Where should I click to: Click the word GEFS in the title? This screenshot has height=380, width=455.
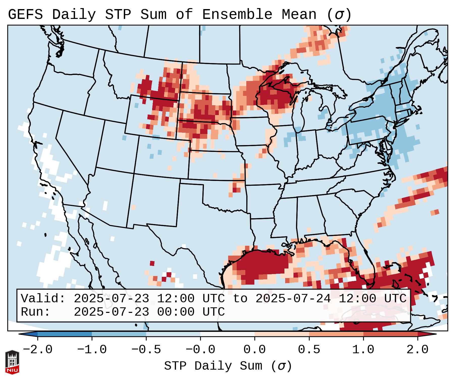[x=25, y=15]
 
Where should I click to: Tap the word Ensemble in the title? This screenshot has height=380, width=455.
[x=237, y=15]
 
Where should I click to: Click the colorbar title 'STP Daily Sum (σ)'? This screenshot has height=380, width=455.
[x=228, y=366]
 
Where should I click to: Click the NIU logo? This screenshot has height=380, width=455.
[x=12, y=362]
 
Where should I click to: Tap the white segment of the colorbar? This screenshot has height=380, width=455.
[x=228, y=334]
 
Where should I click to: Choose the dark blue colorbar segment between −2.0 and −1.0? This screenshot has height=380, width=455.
[x=65, y=334]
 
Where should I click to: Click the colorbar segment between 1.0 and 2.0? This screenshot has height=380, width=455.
[x=390, y=334]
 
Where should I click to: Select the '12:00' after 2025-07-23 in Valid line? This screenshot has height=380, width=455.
[x=176, y=299]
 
